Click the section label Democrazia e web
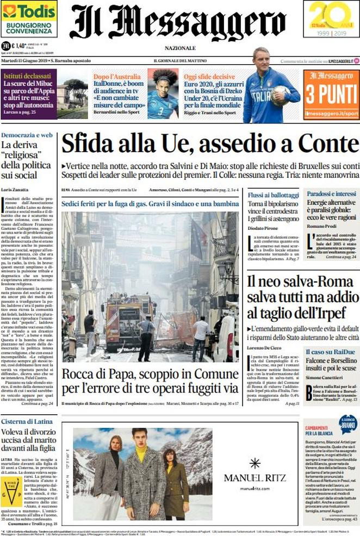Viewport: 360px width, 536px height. pos(27,134)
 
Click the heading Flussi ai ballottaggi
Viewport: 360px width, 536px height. pos(273,195)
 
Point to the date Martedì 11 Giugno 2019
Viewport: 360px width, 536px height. pos(23,60)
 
